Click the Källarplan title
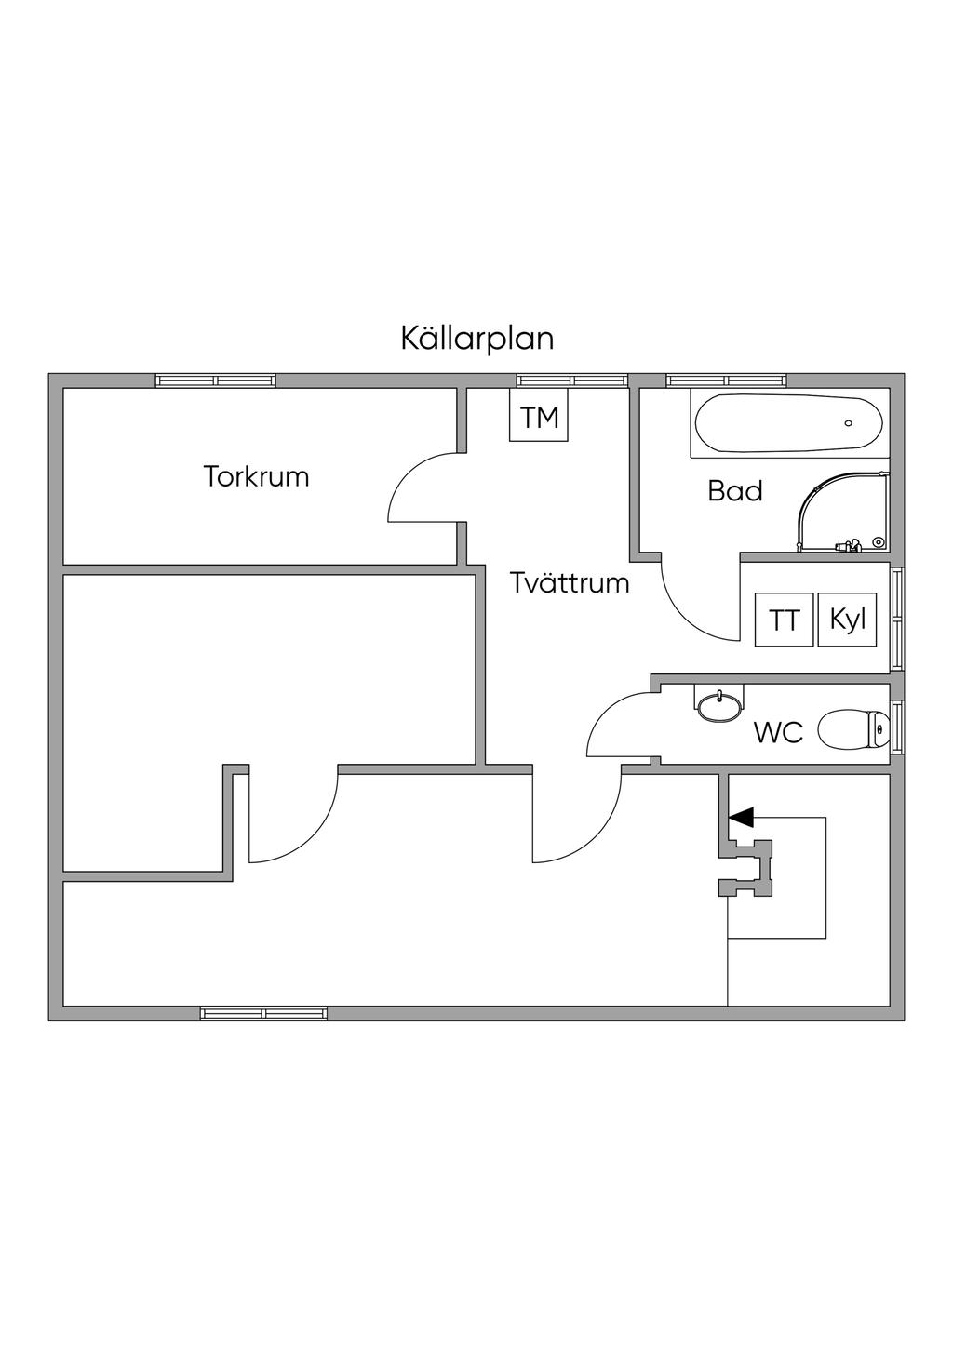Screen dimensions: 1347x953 tap(476, 338)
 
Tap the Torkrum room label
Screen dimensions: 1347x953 tap(256, 477)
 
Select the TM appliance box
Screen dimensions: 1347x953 tap(540, 419)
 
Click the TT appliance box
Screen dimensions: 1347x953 tap(784, 620)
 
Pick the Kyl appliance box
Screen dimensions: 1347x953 tap(848, 620)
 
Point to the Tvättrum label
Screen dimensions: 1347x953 tap(570, 584)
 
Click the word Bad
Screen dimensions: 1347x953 tap(735, 491)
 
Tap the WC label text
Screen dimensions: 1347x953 tap(778, 733)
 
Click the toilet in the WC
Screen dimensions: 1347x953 tap(852, 729)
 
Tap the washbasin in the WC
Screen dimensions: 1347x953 tap(719, 704)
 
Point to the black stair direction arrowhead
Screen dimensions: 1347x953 tap(742, 818)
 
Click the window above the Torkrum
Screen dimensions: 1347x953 tap(215, 380)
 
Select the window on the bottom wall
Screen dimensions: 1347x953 tap(263, 1013)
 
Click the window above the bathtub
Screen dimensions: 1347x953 tap(726, 380)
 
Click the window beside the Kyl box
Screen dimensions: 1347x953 tap(897, 619)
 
